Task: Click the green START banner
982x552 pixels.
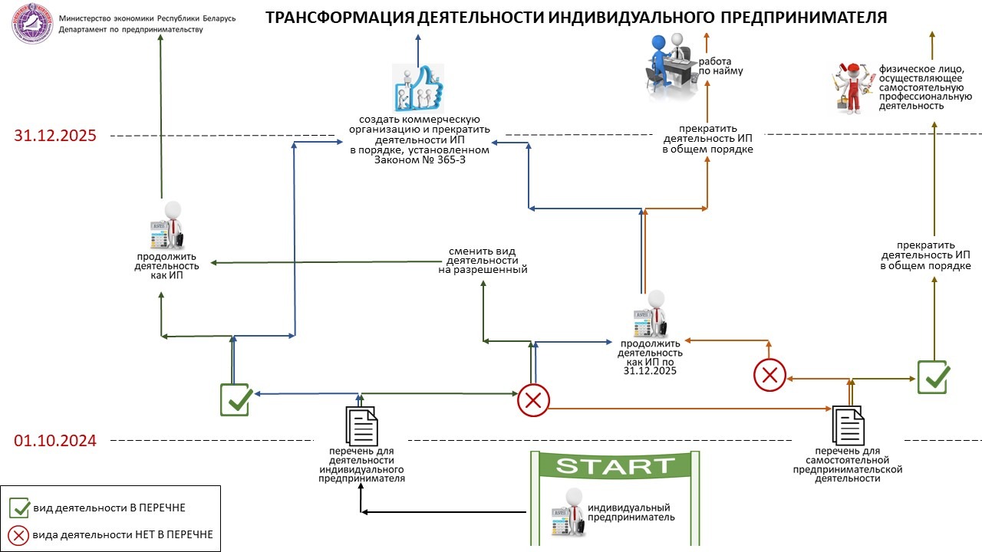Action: [x=615, y=465]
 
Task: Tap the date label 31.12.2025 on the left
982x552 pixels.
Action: [x=55, y=136]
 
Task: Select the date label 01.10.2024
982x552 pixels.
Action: [x=55, y=441]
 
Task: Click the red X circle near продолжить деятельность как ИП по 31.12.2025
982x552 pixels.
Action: [x=769, y=375]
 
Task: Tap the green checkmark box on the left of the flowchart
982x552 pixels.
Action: [x=236, y=399]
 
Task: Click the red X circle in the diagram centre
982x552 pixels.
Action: [x=533, y=399]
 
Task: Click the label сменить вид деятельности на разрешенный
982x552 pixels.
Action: [x=483, y=261]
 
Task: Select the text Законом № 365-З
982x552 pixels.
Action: [x=420, y=160]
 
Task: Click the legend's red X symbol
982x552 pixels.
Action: [x=19, y=534]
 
